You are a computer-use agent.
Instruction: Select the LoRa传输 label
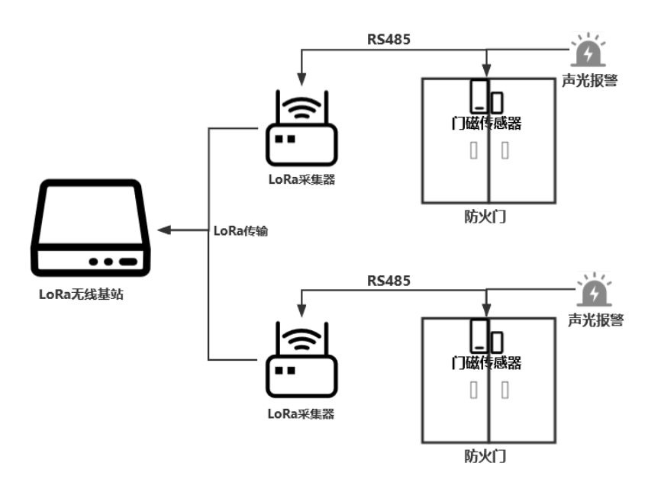pos(241,230)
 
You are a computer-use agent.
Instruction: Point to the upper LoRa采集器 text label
pos(301,180)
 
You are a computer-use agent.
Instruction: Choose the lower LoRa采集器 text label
pos(301,414)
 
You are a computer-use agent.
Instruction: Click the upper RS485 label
pos(389,40)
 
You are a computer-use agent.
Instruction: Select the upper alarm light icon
pos(588,52)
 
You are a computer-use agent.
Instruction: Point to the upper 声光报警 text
pos(589,81)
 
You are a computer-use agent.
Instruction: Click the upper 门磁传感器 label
pos(487,123)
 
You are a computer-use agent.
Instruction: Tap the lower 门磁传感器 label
pos(487,362)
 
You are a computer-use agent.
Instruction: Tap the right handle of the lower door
pos(504,391)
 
